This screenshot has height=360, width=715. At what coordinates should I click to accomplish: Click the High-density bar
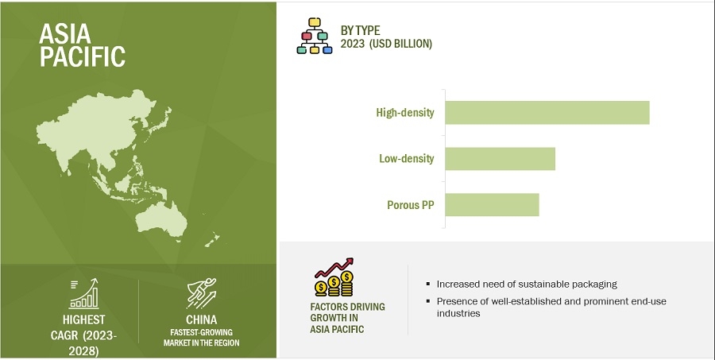pyautogui.click(x=547, y=113)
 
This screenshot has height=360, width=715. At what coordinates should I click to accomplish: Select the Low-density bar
pyautogui.click(x=500, y=159)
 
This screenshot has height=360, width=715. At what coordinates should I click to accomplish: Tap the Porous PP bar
pyautogui.click(x=492, y=204)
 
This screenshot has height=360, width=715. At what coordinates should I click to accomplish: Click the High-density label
pyautogui.click(x=405, y=113)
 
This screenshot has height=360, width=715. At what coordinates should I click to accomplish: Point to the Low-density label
pyautogui.click(x=406, y=158)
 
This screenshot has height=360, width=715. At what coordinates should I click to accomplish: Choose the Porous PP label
pyautogui.click(x=411, y=205)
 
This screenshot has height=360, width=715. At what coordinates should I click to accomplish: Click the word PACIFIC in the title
pyautogui.click(x=83, y=56)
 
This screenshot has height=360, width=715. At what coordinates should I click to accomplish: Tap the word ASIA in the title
pyautogui.click(x=65, y=33)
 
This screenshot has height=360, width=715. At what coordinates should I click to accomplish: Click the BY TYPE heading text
pyautogui.click(x=360, y=30)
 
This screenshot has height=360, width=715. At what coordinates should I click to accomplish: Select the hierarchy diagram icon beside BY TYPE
pyautogui.click(x=315, y=36)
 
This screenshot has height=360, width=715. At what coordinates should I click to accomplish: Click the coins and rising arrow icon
pyautogui.click(x=334, y=277)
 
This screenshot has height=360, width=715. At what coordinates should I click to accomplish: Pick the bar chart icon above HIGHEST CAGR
pyautogui.click(x=84, y=294)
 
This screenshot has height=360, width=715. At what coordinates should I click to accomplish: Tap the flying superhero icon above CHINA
pyautogui.click(x=201, y=293)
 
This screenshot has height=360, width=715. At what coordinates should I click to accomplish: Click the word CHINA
pyautogui.click(x=201, y=319)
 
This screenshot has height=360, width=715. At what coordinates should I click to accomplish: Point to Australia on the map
pyautogui.click(x=161, y=219)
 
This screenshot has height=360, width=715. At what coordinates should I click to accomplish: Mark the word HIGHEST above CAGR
pyautogui.click(x=84, y=319)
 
